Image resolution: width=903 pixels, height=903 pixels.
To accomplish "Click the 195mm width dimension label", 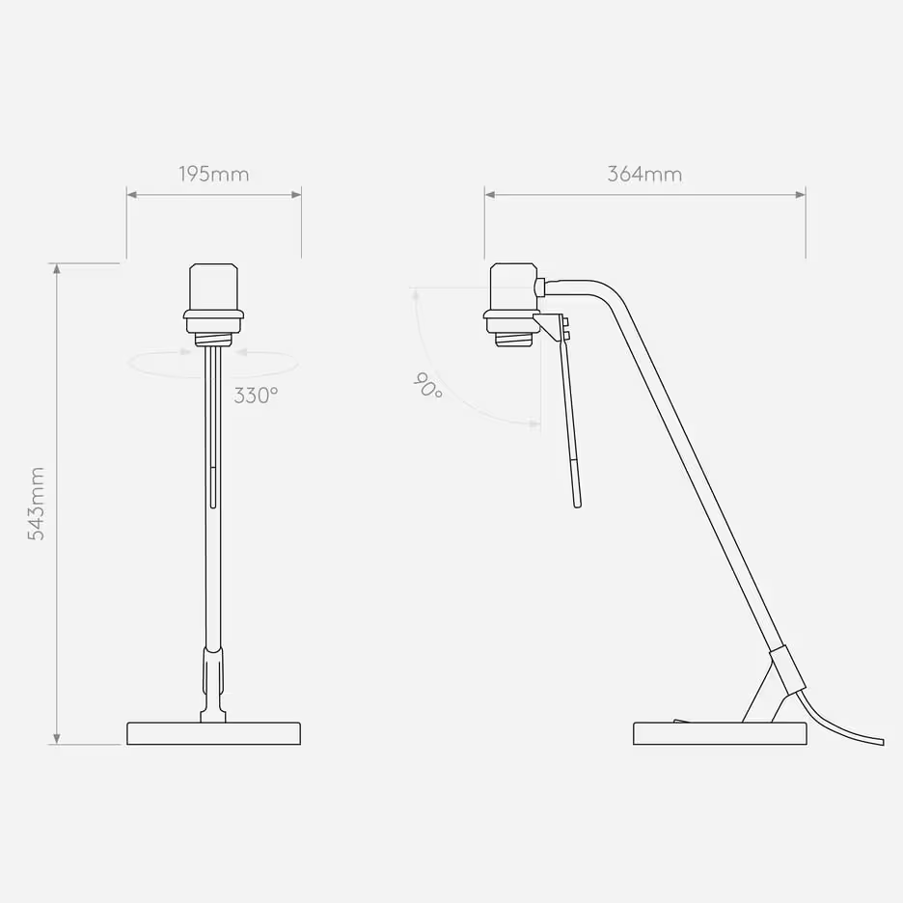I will tap(213, 175).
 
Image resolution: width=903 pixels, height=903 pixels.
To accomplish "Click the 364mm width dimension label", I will tap(644, 175).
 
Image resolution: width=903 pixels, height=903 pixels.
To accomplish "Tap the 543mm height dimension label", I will tap(36, 503).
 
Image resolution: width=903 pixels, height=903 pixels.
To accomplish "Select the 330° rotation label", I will tap(256, 395).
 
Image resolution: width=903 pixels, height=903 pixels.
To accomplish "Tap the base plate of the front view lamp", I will tap(213, 733).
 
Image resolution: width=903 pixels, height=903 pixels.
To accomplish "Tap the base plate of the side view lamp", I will tap(719, 733).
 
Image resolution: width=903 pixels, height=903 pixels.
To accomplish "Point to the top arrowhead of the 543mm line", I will tap(56, 269).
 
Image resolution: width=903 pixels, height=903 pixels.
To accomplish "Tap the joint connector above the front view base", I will tap(213, 670).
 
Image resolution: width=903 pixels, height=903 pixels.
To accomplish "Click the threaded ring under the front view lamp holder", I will tap(213, 339).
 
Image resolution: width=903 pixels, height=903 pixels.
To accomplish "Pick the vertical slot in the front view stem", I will tap(212, 487).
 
